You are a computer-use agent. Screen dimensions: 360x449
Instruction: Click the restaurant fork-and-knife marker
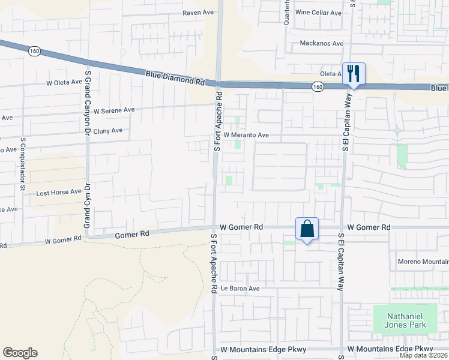coord(354,74)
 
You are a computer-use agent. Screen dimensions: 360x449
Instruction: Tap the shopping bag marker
coord(307,229)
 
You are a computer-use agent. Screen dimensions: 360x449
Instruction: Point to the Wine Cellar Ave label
coord(318,12)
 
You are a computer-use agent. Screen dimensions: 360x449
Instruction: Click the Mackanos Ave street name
coord(321,44)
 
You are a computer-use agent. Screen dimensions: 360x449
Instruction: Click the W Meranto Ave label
coord(246,135)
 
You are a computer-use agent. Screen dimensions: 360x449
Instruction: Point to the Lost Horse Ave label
coord(58,192)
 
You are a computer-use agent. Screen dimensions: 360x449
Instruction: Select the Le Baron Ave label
coord(240,289)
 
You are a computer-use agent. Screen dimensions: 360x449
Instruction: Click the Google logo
coord(20,353)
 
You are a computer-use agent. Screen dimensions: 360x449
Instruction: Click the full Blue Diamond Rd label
coord(175,77)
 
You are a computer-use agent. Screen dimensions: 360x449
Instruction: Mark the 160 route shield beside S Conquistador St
coord(34,52)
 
